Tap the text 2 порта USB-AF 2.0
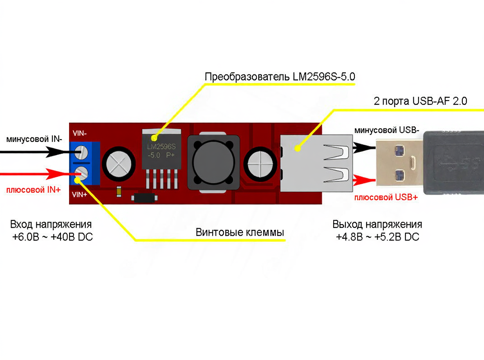tap(420, 101)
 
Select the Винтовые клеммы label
tap(240, 233)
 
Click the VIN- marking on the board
tap(79, 133)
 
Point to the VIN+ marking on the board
tap(80, 195)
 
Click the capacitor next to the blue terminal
tap(119, 164)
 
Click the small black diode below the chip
tap(144, 198)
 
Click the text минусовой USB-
tap(387, 130)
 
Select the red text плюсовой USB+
tap(386, 197)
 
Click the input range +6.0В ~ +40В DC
tap(52, 237)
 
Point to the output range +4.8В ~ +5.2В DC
tap(377, 237)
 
